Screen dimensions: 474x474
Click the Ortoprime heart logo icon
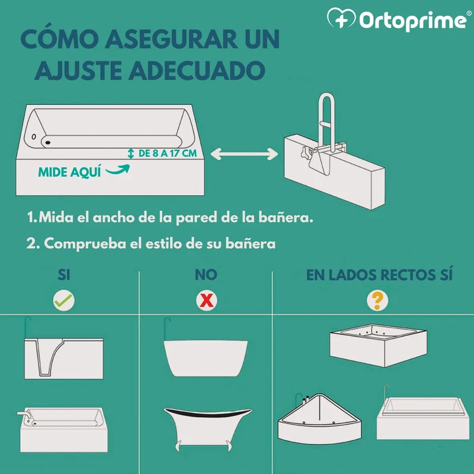coord(341,18)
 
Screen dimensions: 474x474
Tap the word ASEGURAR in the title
coord(171,39)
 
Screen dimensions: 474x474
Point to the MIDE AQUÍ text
coord(69,172)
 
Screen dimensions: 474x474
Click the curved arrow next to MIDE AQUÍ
coord(118,170)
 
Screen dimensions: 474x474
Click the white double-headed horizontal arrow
coord(244,154)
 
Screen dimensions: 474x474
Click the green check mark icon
coord(64,300)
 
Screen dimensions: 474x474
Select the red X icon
coord(206,300)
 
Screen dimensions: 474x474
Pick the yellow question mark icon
coord(377,300)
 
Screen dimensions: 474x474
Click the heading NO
coord(206,275)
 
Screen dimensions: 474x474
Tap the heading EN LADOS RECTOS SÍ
coord(379,275)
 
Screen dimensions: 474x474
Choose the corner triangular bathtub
coord(319,419)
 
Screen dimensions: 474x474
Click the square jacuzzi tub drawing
coord(378,345)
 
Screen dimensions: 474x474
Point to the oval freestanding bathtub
coord(206,358)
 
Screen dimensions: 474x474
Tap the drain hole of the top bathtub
coord(47,142)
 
